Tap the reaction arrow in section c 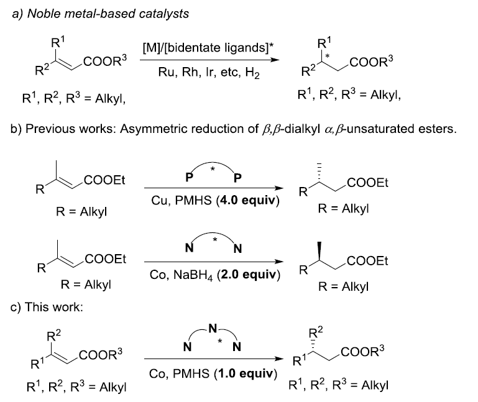(x=210, y=359)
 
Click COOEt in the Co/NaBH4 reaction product (x=368, y=262)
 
